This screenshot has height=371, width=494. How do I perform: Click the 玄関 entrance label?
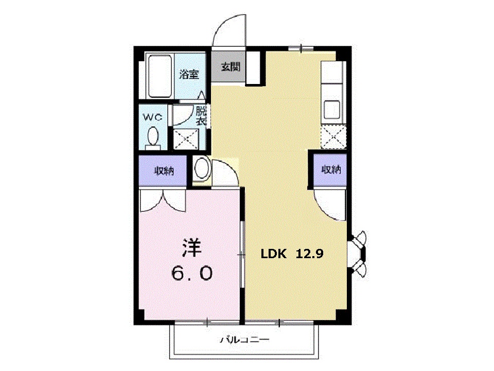231,67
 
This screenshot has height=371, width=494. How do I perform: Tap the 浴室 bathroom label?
189,74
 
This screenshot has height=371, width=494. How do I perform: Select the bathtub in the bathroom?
160,76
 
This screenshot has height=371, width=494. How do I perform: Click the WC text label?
152,117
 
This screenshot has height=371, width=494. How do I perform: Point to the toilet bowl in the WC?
153,136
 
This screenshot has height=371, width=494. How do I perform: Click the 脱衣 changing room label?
201,116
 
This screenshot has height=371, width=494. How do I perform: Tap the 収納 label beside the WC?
164,171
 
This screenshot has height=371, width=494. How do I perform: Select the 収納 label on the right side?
331,170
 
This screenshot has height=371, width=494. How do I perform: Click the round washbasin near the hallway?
202,168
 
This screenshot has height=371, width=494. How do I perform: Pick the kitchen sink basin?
332,109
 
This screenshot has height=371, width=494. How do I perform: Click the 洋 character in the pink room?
191,248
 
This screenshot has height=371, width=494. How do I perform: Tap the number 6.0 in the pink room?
192,273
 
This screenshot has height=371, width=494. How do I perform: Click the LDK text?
273,254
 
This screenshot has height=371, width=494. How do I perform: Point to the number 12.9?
309,254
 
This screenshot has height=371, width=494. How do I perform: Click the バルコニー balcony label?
244,340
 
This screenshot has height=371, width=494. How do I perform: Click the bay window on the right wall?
358,254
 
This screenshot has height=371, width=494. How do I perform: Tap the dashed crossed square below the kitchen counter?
333,137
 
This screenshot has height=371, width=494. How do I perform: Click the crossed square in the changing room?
186,139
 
